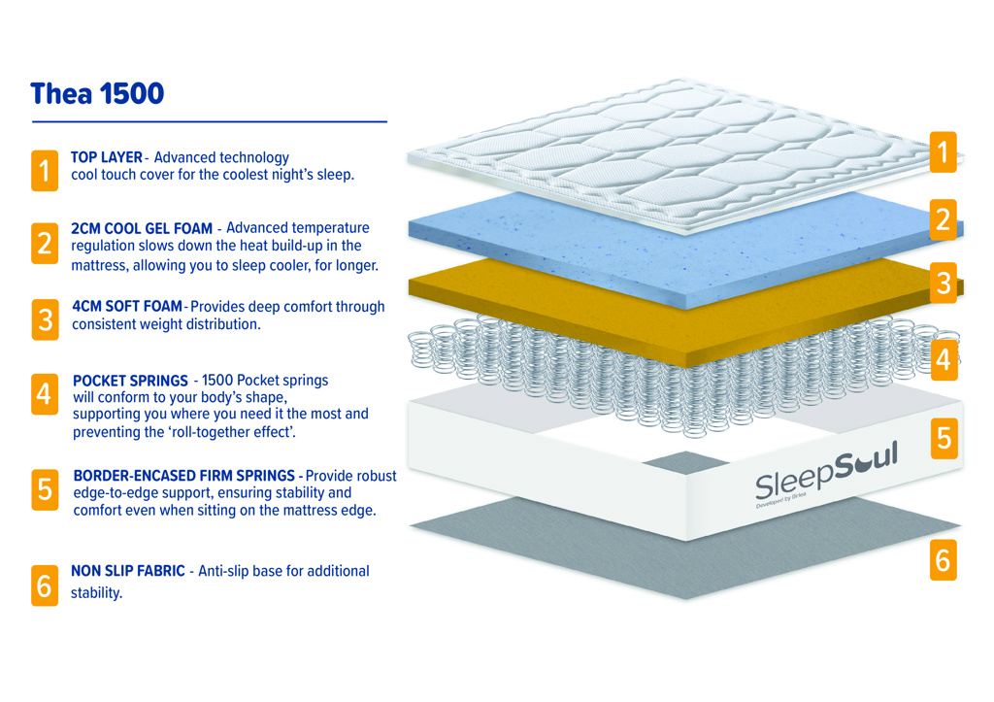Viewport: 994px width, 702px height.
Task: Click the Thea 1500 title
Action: (97, 94)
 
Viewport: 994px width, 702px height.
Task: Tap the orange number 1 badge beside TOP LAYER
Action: (45, 170)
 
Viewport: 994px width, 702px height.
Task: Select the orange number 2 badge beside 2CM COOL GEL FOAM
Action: (45, 243)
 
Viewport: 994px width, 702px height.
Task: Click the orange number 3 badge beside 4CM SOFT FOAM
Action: (45, 319)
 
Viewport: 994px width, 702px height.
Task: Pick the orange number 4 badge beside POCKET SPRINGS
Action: (45, 394)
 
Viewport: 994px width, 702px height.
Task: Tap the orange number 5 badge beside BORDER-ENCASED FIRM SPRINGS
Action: (45, 489)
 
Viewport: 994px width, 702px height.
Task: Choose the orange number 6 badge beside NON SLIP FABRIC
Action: (45, 585)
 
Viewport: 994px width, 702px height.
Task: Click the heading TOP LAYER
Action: (107, 157)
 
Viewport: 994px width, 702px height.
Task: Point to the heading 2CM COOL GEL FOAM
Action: (142, 228)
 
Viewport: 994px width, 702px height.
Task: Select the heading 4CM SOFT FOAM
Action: (127, 306)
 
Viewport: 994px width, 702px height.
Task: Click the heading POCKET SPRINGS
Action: (130, 381)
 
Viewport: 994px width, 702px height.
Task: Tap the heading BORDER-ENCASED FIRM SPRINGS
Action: (183, 476)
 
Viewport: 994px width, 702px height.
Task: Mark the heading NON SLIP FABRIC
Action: (127, 571)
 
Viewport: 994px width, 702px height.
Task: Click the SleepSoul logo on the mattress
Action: (826, 473)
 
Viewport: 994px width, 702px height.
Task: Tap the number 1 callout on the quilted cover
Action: (944, 152)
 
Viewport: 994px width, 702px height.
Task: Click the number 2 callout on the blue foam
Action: (944, 219)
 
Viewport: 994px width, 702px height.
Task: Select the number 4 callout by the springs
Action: (944, 359)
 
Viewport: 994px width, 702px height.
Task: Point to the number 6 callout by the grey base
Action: (944, 560)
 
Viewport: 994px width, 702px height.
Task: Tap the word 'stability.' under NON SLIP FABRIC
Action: (96, 593)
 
